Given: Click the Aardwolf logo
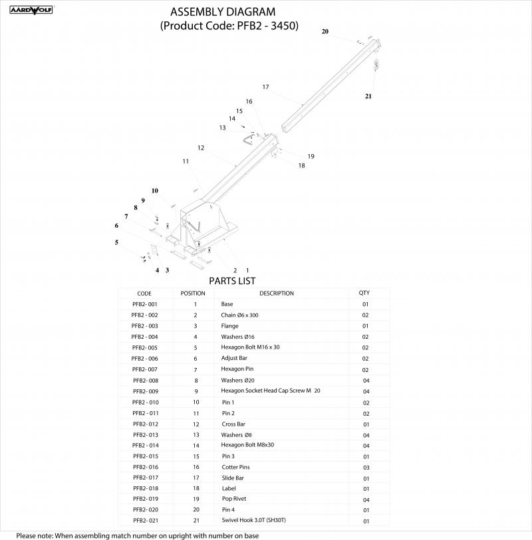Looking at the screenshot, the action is coord(31,10).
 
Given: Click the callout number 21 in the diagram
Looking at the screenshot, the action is coord(368,96).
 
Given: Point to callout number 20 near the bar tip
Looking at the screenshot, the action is coord(325,31).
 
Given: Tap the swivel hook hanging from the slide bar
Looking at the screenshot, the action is coord(376,64).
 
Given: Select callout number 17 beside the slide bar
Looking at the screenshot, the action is coord(265,87).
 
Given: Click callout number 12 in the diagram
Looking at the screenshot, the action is coord(201,147).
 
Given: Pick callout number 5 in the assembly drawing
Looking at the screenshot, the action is coord(116,242).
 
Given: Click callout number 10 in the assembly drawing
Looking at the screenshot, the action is coord(155,191).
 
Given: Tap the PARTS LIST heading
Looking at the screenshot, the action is coord(232,281).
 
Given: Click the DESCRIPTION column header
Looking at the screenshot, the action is coord(277,294).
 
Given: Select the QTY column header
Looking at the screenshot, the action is coord(364,293).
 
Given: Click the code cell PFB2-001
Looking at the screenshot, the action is coord(145,304).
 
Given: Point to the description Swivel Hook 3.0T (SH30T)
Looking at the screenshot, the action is coord(254,520).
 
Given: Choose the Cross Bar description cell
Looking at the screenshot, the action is coord(233,424).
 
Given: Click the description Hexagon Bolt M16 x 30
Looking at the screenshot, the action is coord(250,347).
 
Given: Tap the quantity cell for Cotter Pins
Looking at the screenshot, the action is coord(366,468).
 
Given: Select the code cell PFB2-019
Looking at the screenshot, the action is coord(146,499).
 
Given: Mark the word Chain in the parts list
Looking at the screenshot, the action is coord(228,315).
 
